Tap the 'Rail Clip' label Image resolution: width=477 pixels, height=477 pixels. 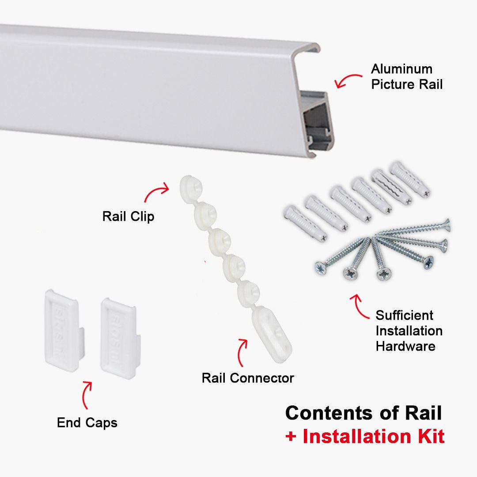point(128,217)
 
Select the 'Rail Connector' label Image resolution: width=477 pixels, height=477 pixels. point(247,378)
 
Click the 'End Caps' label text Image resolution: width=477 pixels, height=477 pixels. point(87,423)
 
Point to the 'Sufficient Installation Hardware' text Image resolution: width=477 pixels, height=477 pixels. point(409,331)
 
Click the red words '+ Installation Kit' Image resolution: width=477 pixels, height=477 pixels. point(364,436)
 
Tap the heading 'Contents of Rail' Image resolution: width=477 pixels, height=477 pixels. point(363,413)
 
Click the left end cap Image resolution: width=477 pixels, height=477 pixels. point(62,329)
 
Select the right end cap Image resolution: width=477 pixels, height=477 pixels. point(119,337)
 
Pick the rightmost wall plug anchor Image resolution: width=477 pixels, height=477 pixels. point(409,179)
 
